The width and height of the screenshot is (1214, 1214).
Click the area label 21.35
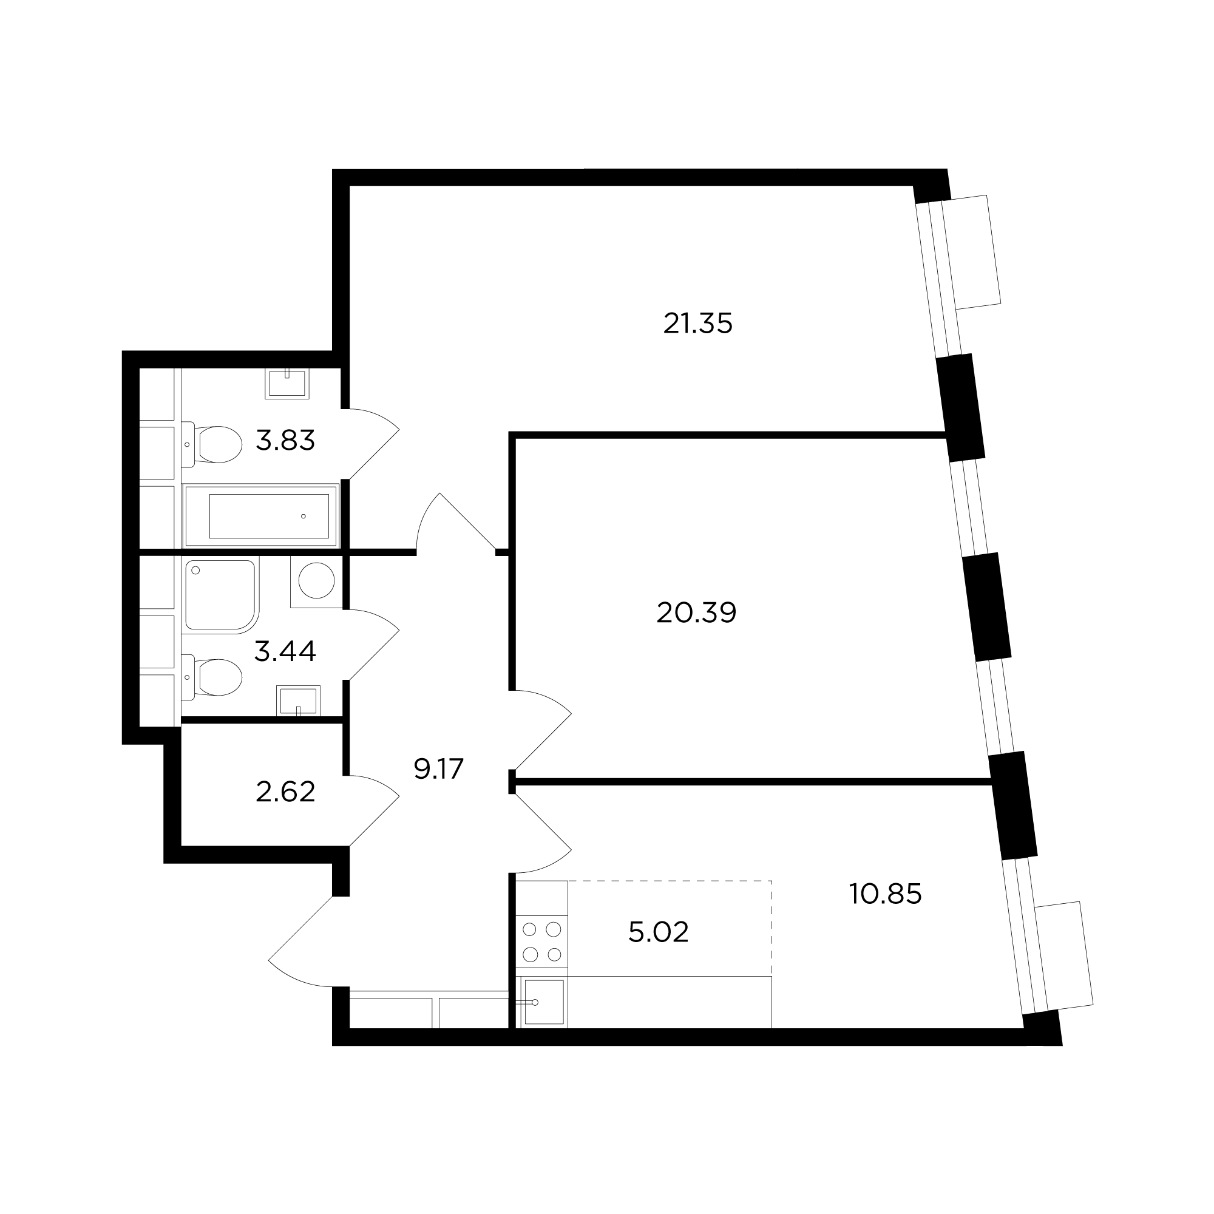tap(697, 324)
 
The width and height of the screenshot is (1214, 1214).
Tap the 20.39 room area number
tap(696, 612)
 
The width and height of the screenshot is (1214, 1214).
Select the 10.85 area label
tap(886, 894)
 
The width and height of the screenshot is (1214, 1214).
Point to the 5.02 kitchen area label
tap(659, 932)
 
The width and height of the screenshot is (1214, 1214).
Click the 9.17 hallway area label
tap(439, 768)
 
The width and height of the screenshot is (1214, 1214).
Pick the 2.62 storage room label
tap(285, 792)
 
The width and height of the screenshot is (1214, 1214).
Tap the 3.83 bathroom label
tap(285, 441)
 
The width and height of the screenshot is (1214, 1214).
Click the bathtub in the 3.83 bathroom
tap(261, 515)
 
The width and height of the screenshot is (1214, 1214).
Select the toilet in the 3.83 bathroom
tap(212, 444)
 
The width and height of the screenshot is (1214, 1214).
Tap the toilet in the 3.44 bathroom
tap(212, 677)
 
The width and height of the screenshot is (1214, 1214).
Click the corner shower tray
tap(221, 595)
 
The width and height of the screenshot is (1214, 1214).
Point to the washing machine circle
tap(316, 581)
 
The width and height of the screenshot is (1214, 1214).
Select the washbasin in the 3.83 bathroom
tap(287, 383)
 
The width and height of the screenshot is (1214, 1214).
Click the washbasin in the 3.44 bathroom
tap(299, 700)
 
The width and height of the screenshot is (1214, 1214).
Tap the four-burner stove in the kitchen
tap(541, 941)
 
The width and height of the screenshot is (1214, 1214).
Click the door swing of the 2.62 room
tap(375, 810)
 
